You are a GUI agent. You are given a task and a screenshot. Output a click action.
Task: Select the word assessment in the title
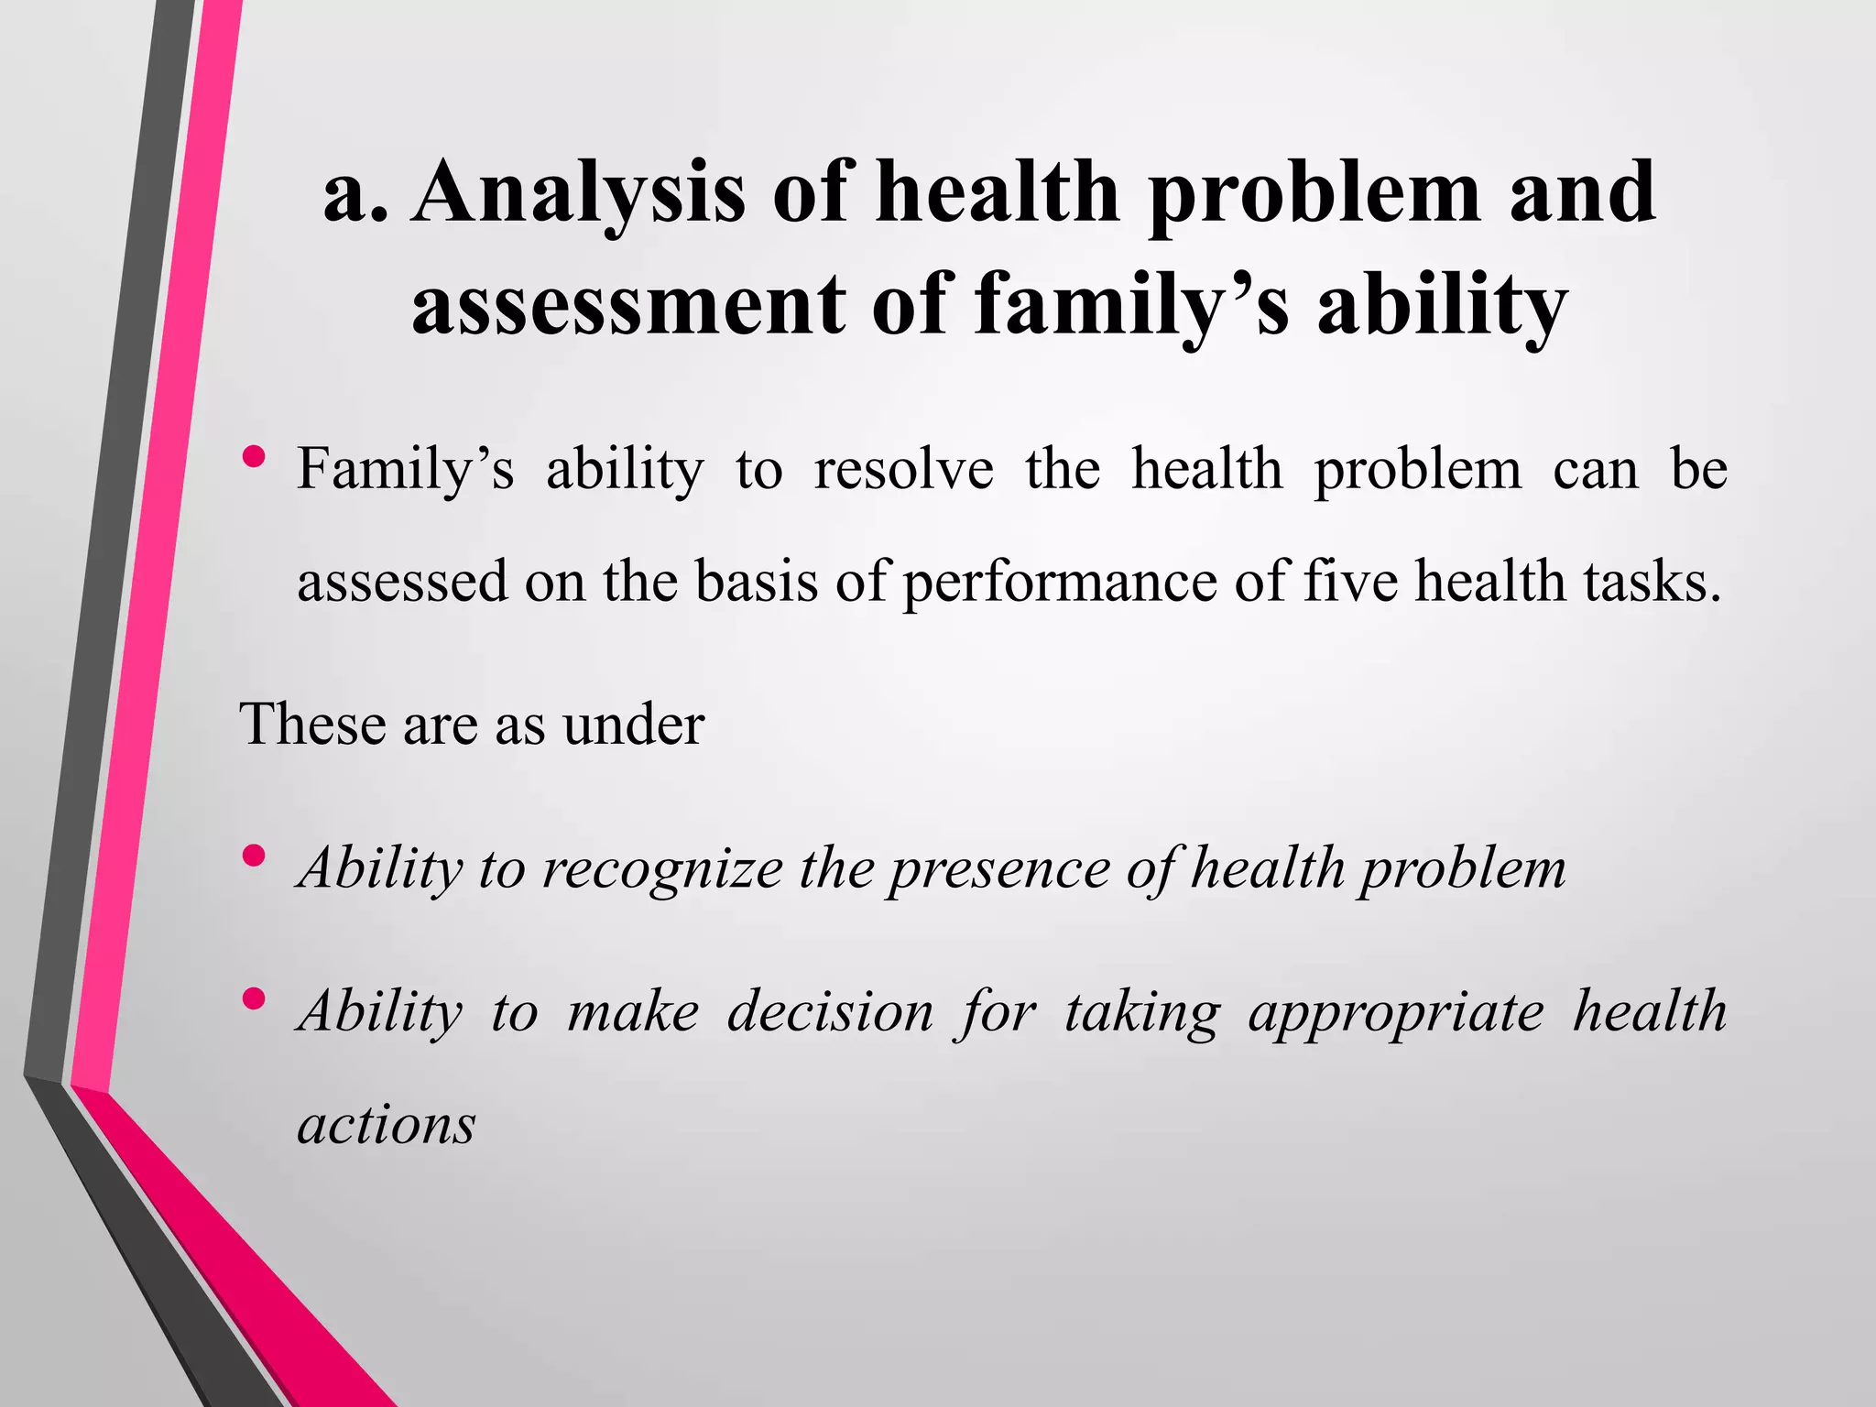click(628, 304)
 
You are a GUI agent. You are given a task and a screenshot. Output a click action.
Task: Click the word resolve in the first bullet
click(903, 469)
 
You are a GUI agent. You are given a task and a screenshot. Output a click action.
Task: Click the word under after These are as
click(633, 725)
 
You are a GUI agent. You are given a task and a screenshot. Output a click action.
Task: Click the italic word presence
click(999, 868)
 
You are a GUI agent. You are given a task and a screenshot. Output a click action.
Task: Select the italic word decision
click(830, 1012)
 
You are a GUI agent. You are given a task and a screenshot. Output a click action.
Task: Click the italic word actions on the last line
click(387, 1125)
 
